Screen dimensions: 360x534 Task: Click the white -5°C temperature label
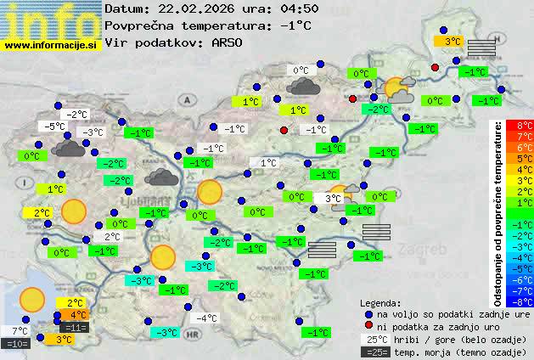[x=55, y=126]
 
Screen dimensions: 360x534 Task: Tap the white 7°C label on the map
[x=19, y=331]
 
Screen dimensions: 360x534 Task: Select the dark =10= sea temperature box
[x=17, y=344]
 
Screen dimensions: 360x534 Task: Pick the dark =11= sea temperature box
[x=75, y=328]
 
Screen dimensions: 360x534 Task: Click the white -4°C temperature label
[x=206, y=318]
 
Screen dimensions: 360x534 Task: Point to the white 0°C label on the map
[x=301, y=70]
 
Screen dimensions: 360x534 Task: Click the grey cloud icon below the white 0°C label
[x=303, y=86]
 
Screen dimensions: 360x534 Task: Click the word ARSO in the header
[x=228, y=42]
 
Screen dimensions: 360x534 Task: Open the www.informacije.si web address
[x=51, y=44]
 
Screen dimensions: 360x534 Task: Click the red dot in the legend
[x=368, y=326]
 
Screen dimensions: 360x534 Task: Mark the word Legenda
[x=381, y=302]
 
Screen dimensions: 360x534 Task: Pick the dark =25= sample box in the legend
[x=378, y=352]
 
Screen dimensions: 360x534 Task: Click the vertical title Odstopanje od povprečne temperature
[x=498, y=212]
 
